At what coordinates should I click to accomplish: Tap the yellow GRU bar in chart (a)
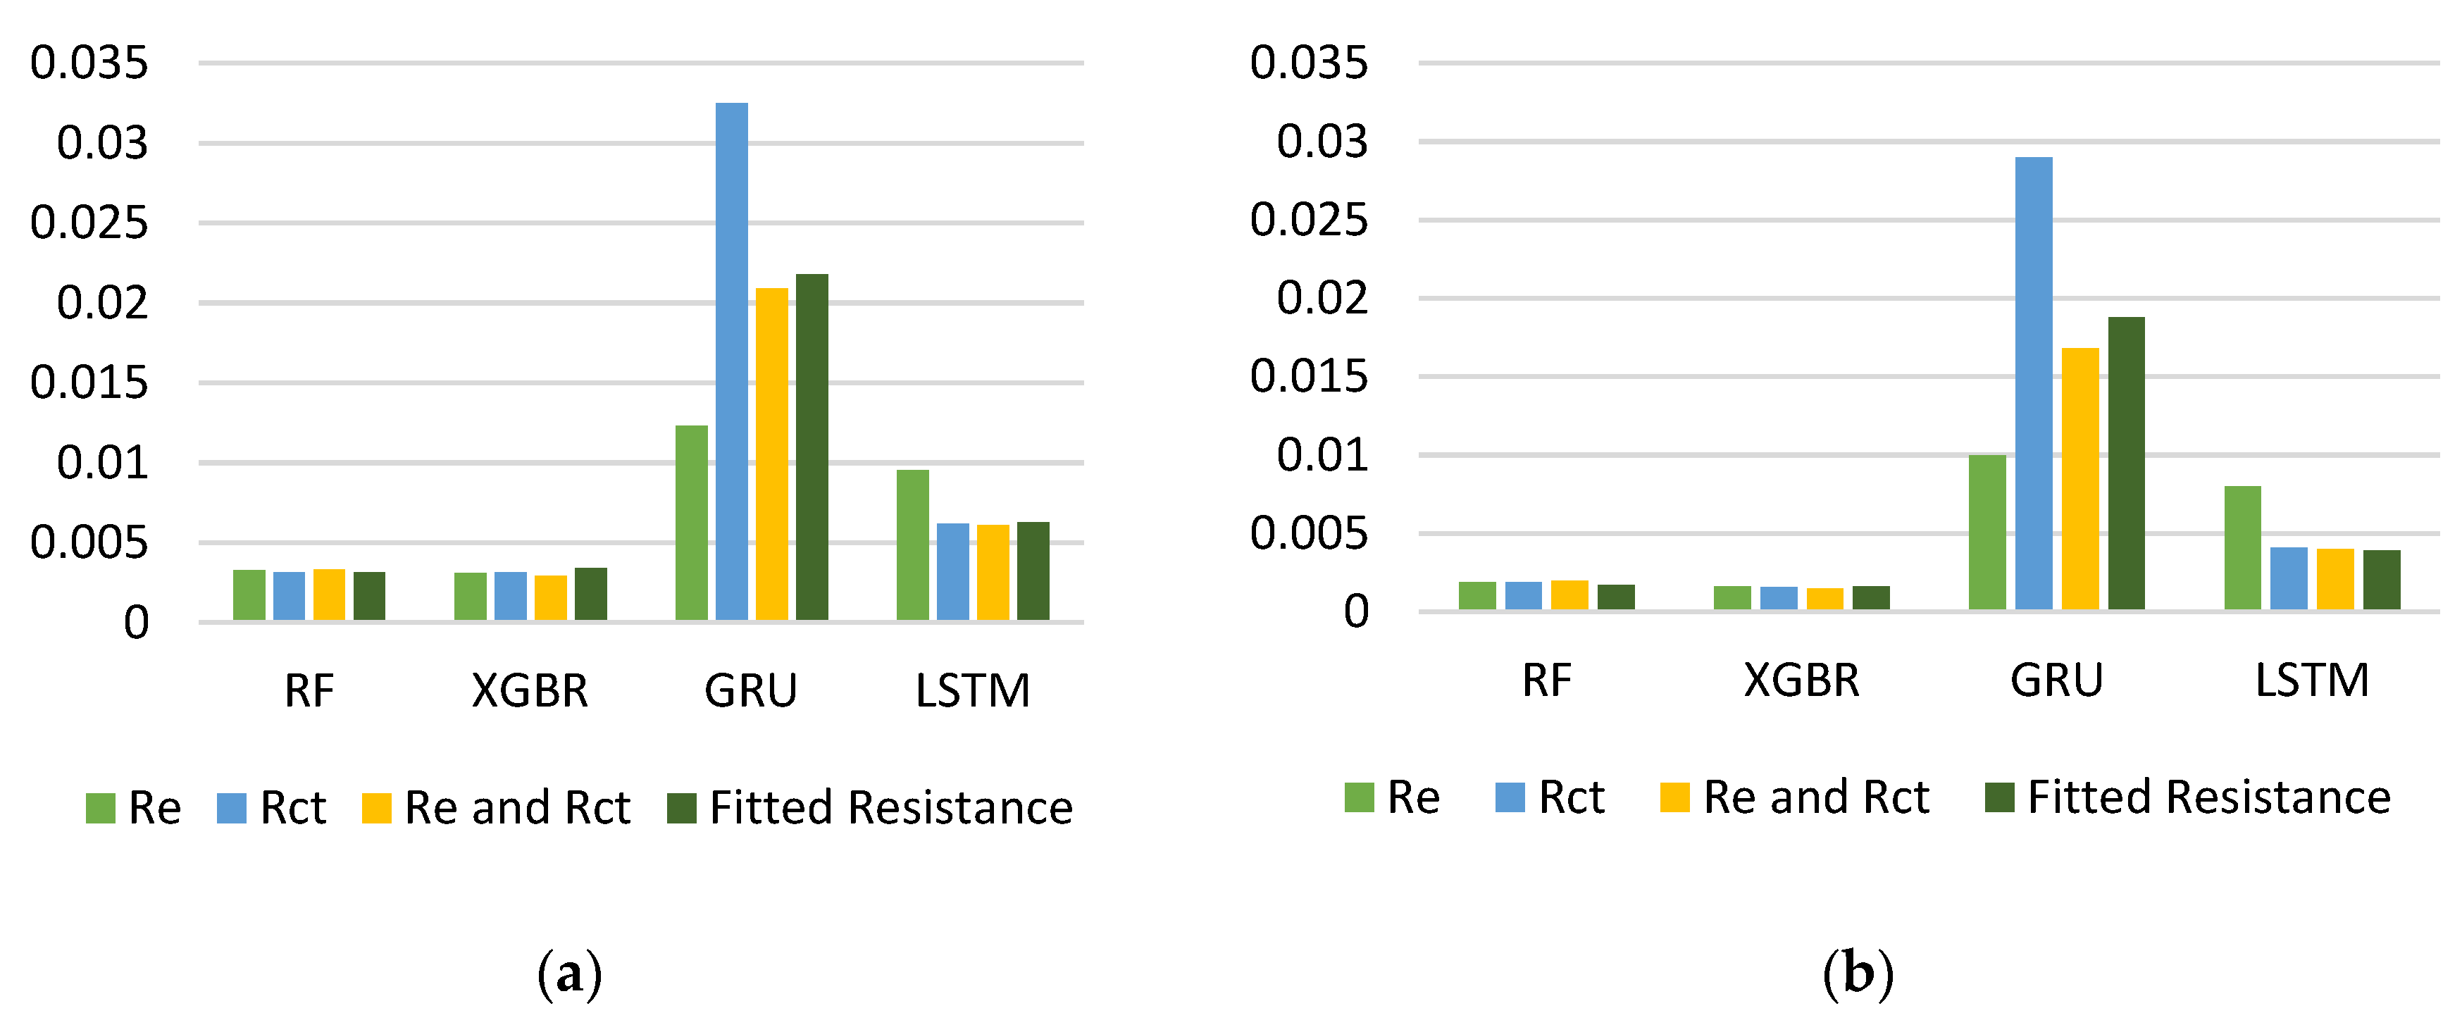[771, 454]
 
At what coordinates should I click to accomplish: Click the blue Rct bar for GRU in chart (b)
[2033, 382]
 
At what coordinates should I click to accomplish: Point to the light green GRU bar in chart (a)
[691, 523]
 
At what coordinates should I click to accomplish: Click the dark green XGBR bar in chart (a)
[590, 594]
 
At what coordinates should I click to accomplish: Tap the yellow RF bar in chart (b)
[1569, 595]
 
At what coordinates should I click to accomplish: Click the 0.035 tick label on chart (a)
[89, 63]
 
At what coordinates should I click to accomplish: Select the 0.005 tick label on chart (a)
[89, 543]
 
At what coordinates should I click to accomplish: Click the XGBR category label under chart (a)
[530, 690]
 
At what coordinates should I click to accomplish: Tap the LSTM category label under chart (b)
[2311, 680]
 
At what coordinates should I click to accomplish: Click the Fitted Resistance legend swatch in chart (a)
[681, 808]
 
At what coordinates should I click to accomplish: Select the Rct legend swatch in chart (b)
[1510, 797]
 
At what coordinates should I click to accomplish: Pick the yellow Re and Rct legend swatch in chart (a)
[377, 808]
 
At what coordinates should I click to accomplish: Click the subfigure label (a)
[570, 974]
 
